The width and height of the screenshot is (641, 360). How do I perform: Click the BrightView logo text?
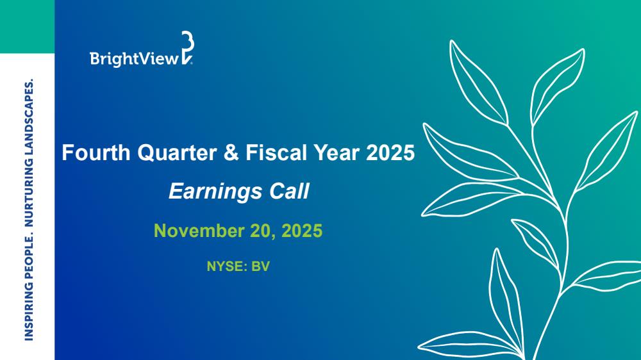tap(135, 59)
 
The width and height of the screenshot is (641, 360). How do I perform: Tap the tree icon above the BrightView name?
tap(187, 48)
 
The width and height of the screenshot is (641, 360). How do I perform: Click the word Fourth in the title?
tap(96, 153)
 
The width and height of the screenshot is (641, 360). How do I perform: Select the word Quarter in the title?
tap(177, 153)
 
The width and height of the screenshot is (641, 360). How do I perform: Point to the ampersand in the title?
tap(231, 153)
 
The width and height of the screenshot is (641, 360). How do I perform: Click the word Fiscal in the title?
tap(276, 153)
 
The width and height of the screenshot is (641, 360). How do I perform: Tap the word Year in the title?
tap(337, 153)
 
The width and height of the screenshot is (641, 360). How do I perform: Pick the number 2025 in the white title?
tap(390, 153)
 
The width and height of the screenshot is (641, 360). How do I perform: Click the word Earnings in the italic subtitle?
tap(215, 192)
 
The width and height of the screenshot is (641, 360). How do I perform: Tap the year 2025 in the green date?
tap(302, 231)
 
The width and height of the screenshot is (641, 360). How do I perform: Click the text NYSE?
tap(227, 266)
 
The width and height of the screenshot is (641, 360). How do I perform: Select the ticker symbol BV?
tap(260, 266)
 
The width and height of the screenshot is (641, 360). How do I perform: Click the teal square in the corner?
tap(27, 26)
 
